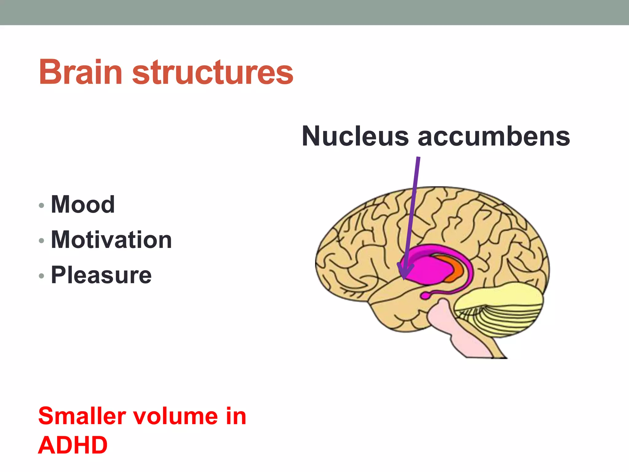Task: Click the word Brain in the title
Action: pyautogui.click(x=80, y=73)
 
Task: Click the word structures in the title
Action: pyautogui.click(x=213, y=73)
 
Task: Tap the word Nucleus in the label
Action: pyautogui.click(x=355, y=136)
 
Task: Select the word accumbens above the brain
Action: pyautogui.click(x=494, y=136)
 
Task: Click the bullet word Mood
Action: pyautogui.click(x=83, y=204)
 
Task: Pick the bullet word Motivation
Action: pyautogui.click(x=111, y=240)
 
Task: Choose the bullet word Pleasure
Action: pyautogui.click(x=101, y=275)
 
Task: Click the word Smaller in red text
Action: pyautogui.click(x=82, y=416)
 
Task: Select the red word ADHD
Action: pyautogui.click(x=73, y=445)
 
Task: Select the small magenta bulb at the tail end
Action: pyautogui.click(x=425, y=296)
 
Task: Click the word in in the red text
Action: pyautogui.click(x=236, y=416)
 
